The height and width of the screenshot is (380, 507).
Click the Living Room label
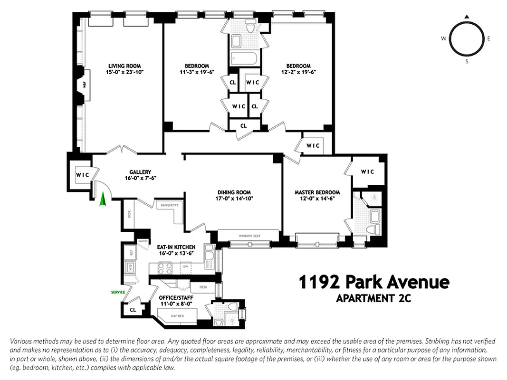pos(124,66)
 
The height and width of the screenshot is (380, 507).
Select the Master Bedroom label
pos(317,192)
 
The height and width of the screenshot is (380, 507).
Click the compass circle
pos(467,39)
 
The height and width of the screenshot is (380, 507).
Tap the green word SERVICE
pos(118,293)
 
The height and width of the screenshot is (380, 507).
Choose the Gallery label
pos(140,172)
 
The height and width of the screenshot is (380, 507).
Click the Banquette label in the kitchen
pos(170,205)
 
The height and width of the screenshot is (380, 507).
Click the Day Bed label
pos(177,315)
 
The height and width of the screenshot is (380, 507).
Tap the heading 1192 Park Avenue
pos(373,282)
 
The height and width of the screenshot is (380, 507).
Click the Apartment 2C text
pos(373,299)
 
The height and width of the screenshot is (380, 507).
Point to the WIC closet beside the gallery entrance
pos(83,175)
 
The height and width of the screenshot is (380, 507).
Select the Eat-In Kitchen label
pos(176,247)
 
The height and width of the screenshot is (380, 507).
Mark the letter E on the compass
pos(488,39)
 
